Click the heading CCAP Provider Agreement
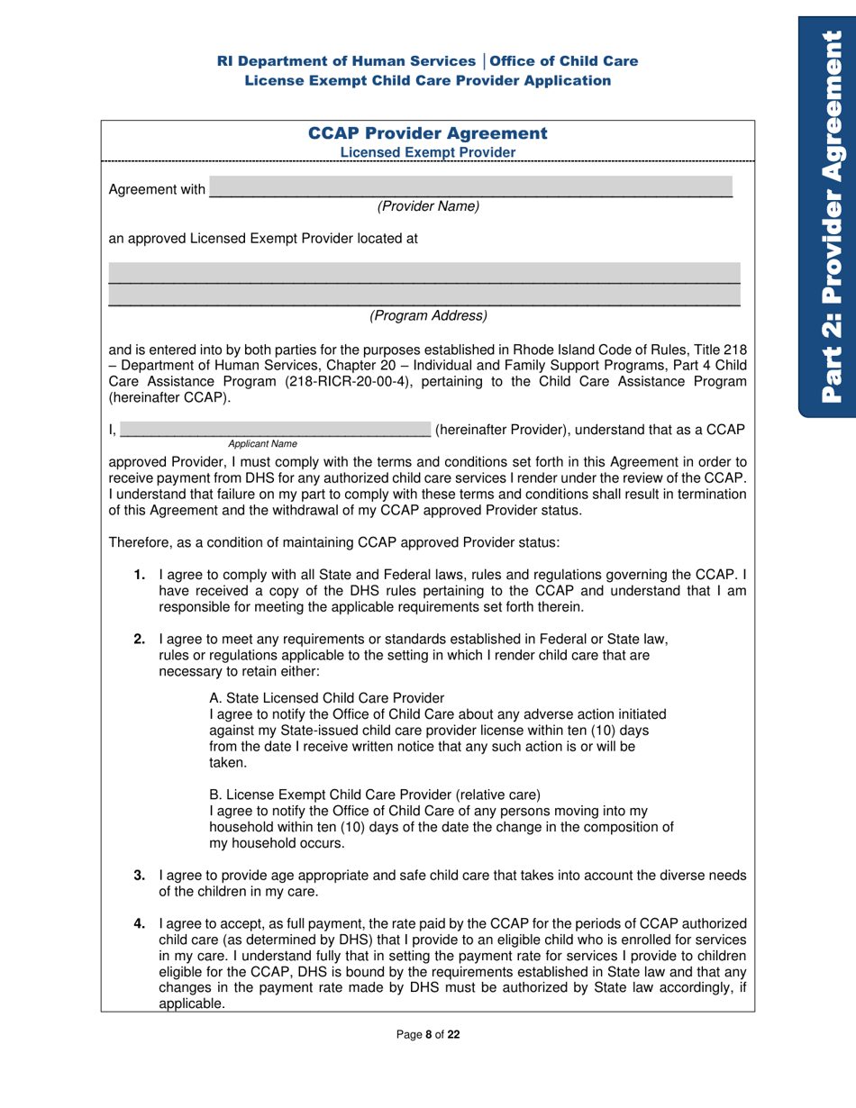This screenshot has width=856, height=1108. (428, 133)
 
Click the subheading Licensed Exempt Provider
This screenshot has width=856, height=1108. (428, 152)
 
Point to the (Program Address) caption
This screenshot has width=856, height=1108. (428, 316)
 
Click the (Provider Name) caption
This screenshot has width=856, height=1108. (428, 206)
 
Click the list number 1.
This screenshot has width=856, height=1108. (140, 574)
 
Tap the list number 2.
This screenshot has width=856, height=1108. (140, 640)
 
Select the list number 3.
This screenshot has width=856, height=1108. (140, 875)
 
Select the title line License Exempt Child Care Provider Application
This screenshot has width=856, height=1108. (428, 80)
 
